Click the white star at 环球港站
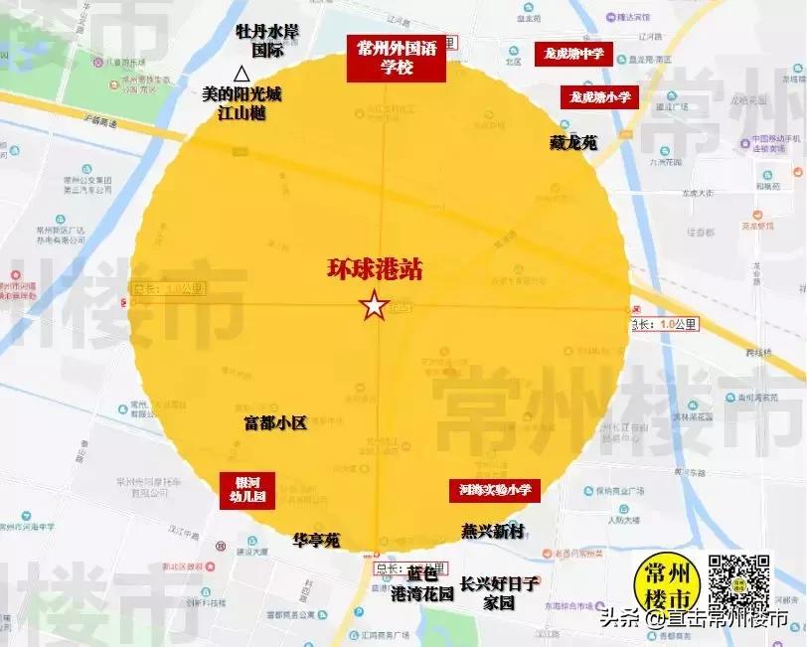pyautogui.click(x=374, y=306)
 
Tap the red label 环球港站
pyautogui.click(x=374, y=270)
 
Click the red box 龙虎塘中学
pyautogui.click(x=572, y=54)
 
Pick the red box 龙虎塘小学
pyautogui.click(x=600, y=97)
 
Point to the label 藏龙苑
pyautogui.click(x=573, y=143)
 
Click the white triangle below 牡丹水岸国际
pyautogui.click(x=241, y=73)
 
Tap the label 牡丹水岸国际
pyautogui.click(x=266, y=40)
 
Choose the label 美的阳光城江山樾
pyautogui.click(x=242, y=103)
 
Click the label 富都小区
pyautogui.click(x=275, y=422)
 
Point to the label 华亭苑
pyautogui.click(x=316, y=541)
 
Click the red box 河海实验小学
pyautogui.click(x=494, y=489)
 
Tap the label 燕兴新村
pyautogui.click(x=492, y=532)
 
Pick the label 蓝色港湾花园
pyautogui.click(x=421, y=583)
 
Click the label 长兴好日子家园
pyautogui.click(x=499, y=592)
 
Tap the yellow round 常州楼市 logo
pyautogui.click(x=665, y=586)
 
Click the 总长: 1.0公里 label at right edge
pyautogui.click(x=666, y=324)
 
